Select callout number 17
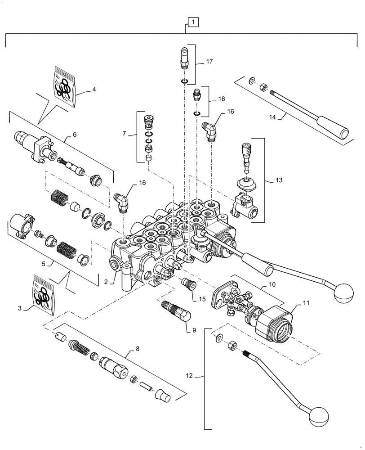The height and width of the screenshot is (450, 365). (209, 62)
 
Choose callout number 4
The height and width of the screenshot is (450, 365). (93, 89)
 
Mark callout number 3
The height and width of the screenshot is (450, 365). (20, 308)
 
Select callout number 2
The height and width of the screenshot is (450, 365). (107, 282)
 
